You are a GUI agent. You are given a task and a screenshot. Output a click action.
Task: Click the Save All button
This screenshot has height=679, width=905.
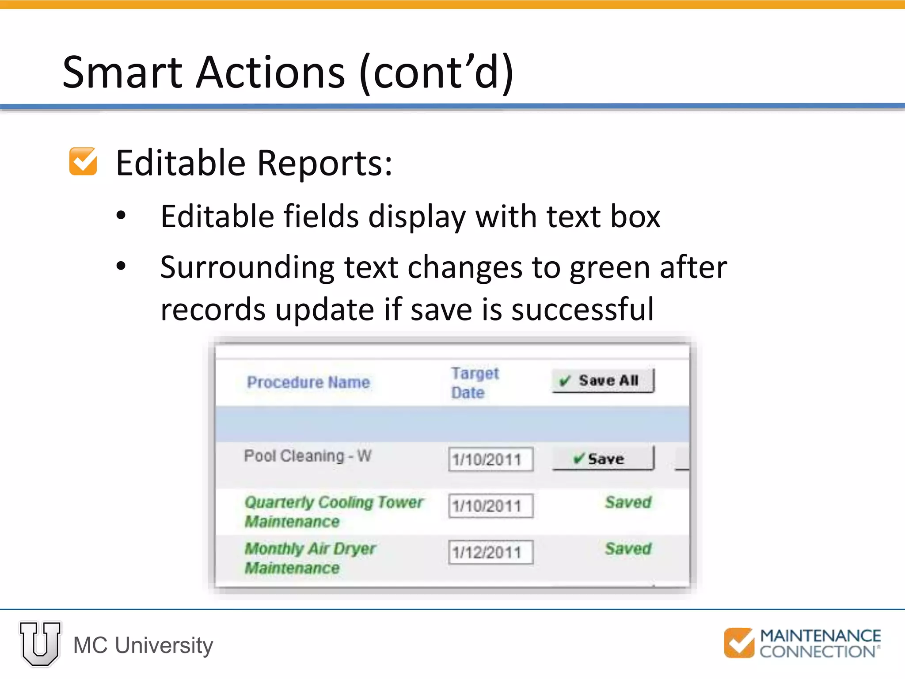(603, 381)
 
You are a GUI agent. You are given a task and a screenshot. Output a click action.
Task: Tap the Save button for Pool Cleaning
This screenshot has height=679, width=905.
(603, 458)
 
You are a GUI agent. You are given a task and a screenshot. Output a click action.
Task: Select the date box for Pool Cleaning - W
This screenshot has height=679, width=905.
(490, 460)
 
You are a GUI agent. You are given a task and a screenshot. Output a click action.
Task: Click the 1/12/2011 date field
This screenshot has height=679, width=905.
(490, 552)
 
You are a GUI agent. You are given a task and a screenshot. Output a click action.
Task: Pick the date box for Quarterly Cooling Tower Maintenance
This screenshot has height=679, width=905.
(490, 506)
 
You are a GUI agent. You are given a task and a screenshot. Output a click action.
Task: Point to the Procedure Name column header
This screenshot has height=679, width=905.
(308, 382)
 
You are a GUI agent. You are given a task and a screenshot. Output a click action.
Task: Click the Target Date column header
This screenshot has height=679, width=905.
(474, 383)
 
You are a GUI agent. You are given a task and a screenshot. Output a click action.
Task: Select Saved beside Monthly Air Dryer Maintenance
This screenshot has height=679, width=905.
(628, 549)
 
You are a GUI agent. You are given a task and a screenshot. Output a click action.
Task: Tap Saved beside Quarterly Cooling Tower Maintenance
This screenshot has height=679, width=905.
(628, 502)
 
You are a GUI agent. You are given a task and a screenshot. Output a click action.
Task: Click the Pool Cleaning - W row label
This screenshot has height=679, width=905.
(308, 456)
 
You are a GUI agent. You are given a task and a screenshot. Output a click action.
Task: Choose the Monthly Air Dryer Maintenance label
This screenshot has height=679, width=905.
(309, 558)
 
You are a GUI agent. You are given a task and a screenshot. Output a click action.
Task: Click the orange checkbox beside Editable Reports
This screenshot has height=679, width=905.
(83, 162)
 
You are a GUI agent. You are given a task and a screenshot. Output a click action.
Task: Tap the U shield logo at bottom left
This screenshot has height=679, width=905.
(40, 644)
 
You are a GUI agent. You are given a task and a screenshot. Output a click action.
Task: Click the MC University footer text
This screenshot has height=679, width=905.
(143, 645)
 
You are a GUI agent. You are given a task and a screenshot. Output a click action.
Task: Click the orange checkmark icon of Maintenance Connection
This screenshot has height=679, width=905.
(739, 643)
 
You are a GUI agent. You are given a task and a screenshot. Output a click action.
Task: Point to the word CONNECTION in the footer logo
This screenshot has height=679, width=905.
(817, 652)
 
